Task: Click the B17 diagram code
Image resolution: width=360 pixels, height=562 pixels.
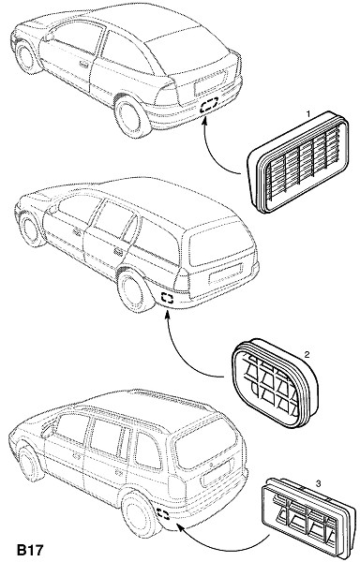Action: coord(30,550)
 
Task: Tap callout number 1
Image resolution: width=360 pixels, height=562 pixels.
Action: coord(308,114)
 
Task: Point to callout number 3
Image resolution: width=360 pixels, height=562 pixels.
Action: coord(319,484)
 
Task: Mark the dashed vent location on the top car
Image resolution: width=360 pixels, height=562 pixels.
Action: coord(209,105)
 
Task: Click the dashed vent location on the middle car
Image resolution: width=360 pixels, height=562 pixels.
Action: coord(167,298)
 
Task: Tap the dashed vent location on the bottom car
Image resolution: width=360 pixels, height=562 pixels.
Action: coord(163,514)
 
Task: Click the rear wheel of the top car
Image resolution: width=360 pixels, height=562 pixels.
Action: coord(130,116)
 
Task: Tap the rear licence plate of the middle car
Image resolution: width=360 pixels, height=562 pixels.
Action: coord(224,274)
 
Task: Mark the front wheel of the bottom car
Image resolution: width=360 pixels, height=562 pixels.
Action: coord(30,464)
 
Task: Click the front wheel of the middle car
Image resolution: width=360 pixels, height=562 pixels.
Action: coord(32,229)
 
